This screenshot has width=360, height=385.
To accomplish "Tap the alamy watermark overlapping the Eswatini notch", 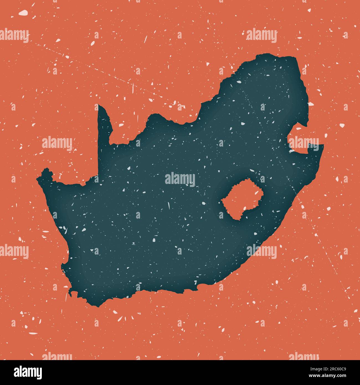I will tap(303, 143).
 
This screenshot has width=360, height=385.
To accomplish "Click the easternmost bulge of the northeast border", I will tap(308, 111).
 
